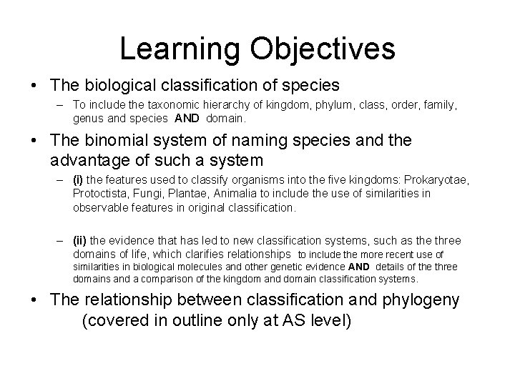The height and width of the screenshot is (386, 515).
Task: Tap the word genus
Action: pyautogui.click(x=87, y=118)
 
